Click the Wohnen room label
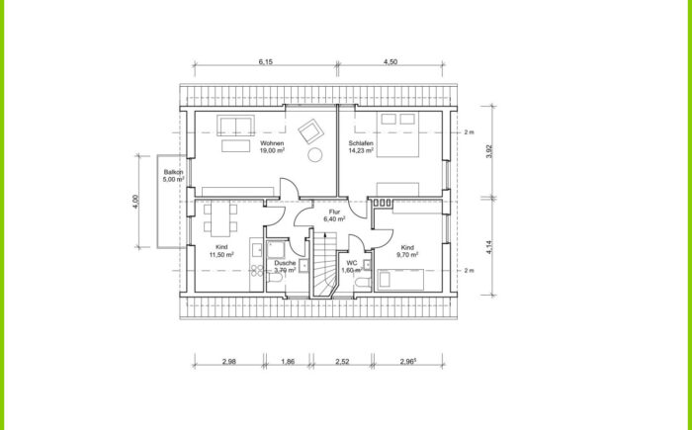point(272,143)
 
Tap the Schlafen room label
point(361,143)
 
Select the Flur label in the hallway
point(334,212)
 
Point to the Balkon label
point(173,172)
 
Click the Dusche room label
point(285,263)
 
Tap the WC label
point(352,263)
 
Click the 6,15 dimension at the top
point(266,62)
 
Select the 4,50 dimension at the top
point(390,62)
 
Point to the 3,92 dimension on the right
point(489,152)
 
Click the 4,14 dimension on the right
point(489,247)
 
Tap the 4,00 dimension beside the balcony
point(136,202)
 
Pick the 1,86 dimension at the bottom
point(288,362)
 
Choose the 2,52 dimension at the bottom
point(342,362)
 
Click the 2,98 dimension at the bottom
point(229,362)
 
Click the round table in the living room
point(315,155)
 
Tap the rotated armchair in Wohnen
point(311,130)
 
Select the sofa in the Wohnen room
point(235,126)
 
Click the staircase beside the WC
point(324,264)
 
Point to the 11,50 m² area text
point(221,255)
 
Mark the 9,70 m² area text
point(407,255)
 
